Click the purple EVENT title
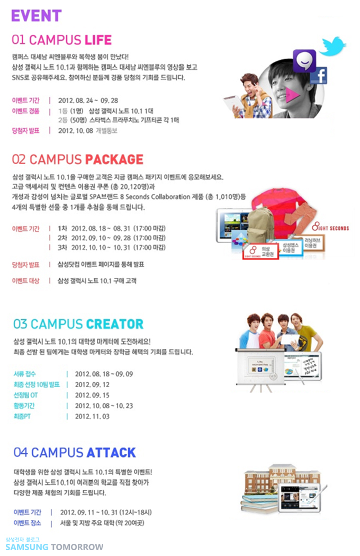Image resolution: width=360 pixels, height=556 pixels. click(x=37, y=16)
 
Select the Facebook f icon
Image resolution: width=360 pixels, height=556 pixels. click(x=319, y=76)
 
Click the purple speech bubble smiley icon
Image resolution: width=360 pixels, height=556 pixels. click(x=304, y=61)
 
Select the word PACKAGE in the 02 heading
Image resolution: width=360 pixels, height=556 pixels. click(x=114, y=159)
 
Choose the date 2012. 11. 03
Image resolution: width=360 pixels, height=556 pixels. click(x=92, y=416)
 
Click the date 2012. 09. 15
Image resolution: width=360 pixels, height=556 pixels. click(x=92, y=394)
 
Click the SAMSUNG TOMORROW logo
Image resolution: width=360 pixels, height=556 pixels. click(x=55, y=546)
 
